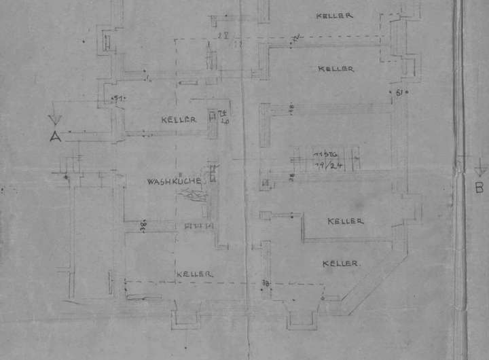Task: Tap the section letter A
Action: point(56,136)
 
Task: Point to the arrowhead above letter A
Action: point(55,121)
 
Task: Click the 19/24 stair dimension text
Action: point(325,164)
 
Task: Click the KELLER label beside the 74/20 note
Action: point(179,120)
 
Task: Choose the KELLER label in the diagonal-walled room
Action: point(341,263)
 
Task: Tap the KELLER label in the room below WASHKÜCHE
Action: point(194,274)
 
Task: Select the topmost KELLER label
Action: point(335,15)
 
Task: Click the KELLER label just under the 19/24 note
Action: point(346,221)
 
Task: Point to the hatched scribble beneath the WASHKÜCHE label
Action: point(193,196)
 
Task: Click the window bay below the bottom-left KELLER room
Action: point(185,316)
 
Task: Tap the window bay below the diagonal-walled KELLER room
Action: point(302,316)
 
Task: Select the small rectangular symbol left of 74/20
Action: point(212,116)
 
